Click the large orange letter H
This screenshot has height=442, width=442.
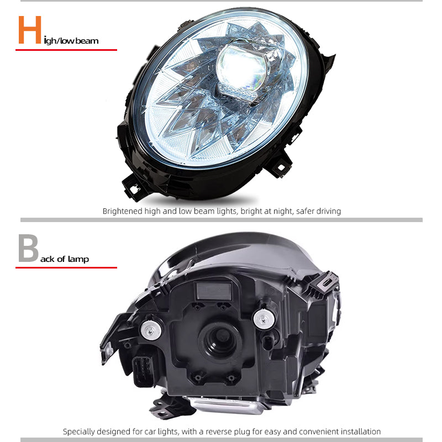tap(30, 30)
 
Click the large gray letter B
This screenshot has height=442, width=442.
tap(28, 249)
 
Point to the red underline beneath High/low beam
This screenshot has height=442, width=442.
tap(66, 50)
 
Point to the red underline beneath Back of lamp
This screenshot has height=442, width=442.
tap(66, 267)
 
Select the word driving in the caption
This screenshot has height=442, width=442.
tap(327, 211)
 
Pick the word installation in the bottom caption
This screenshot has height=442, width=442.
tap(359, 432)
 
